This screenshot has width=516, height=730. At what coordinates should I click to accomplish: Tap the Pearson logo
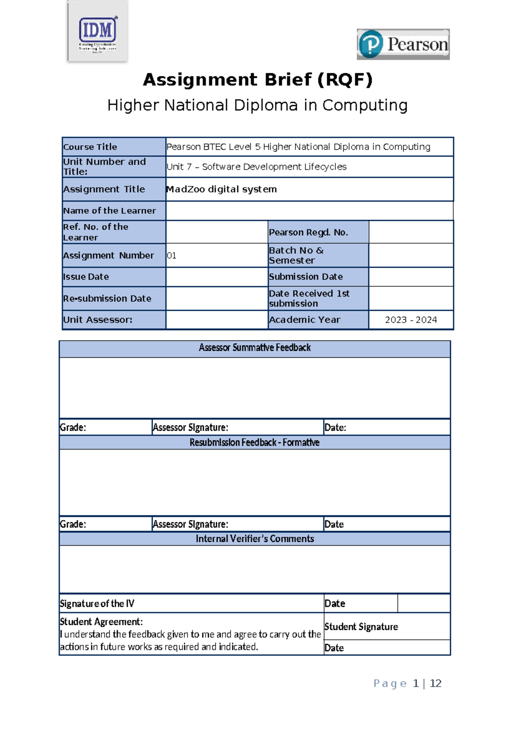click(x=403, y=44)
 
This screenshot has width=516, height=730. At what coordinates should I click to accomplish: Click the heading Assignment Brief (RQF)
click(x=258, y=80)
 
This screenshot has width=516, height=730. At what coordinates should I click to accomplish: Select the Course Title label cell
click(x=90, y=147)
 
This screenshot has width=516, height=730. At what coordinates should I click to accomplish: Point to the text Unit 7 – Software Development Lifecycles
click(x=256, y=167)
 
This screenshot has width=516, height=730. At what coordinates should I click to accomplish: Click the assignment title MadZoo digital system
click(x=221, y=189)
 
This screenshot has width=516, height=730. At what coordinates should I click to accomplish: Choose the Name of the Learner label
click(x=110, y=210)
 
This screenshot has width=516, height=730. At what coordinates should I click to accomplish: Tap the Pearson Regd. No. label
click(x=308, y=232)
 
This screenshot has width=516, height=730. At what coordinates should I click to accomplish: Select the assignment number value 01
click(x=172, y=256)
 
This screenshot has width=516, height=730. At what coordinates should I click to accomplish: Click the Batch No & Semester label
click(x=296, y=255)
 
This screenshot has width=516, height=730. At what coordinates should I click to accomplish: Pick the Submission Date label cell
click(x=306, y=277)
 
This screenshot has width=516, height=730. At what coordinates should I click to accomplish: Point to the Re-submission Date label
click(x=107, y=298)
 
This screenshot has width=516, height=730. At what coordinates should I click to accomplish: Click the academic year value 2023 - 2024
click(x=411, y=320)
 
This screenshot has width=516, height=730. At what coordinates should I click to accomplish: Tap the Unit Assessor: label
click(x=98, y=320)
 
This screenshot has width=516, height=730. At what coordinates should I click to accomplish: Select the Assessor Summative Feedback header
click(x=255, y=348)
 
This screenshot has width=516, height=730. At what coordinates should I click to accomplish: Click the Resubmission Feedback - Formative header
click(x=255, y=442)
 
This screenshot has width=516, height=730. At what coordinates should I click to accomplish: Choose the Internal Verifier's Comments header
click(x=255, y=539)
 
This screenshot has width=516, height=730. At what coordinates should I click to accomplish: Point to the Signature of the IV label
click(x=97, y=603)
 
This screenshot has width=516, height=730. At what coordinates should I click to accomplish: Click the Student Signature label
click(x=361, y=627)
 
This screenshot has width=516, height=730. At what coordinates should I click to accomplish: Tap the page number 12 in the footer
click(x=436, y=684)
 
